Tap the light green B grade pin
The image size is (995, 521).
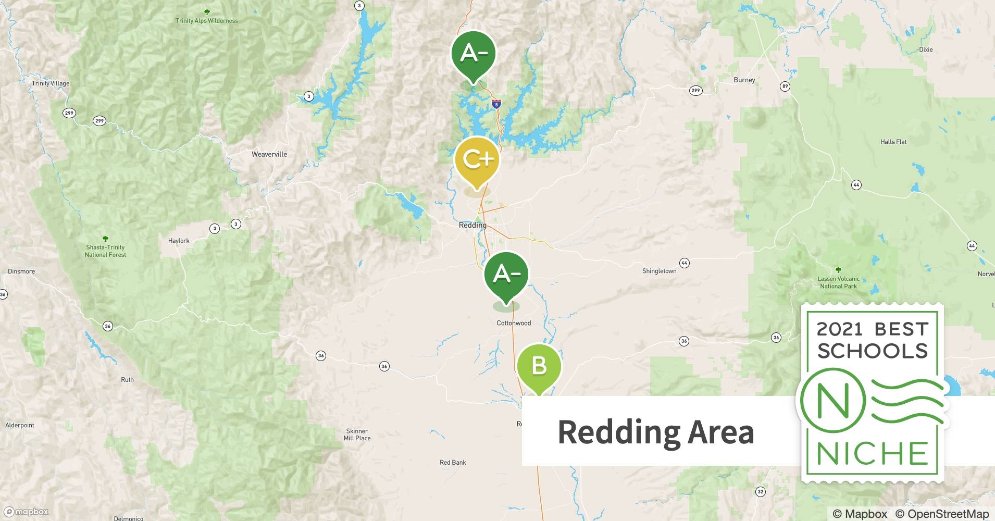coord(539,366)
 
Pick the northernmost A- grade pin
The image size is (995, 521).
coord(473,54)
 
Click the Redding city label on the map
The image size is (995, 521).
coord(472,226)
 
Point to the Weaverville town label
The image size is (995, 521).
coord(269,154)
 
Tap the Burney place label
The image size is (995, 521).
coord(744,80)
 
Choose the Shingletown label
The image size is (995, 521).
coord(659,271)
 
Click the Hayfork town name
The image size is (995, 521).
coord(179,241)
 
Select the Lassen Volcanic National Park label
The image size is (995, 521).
coord(838,282)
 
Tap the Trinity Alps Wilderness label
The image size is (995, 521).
coord(207,21)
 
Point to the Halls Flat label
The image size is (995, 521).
coord(893,142)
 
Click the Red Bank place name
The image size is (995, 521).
coord(453,462)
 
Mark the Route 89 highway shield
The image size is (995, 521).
coord(785,86)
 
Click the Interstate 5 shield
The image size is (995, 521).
coord(496,105)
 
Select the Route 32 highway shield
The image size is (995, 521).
coord(761,491)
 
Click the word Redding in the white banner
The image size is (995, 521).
coord(619,432)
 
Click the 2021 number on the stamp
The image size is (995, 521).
coord(839,329)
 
